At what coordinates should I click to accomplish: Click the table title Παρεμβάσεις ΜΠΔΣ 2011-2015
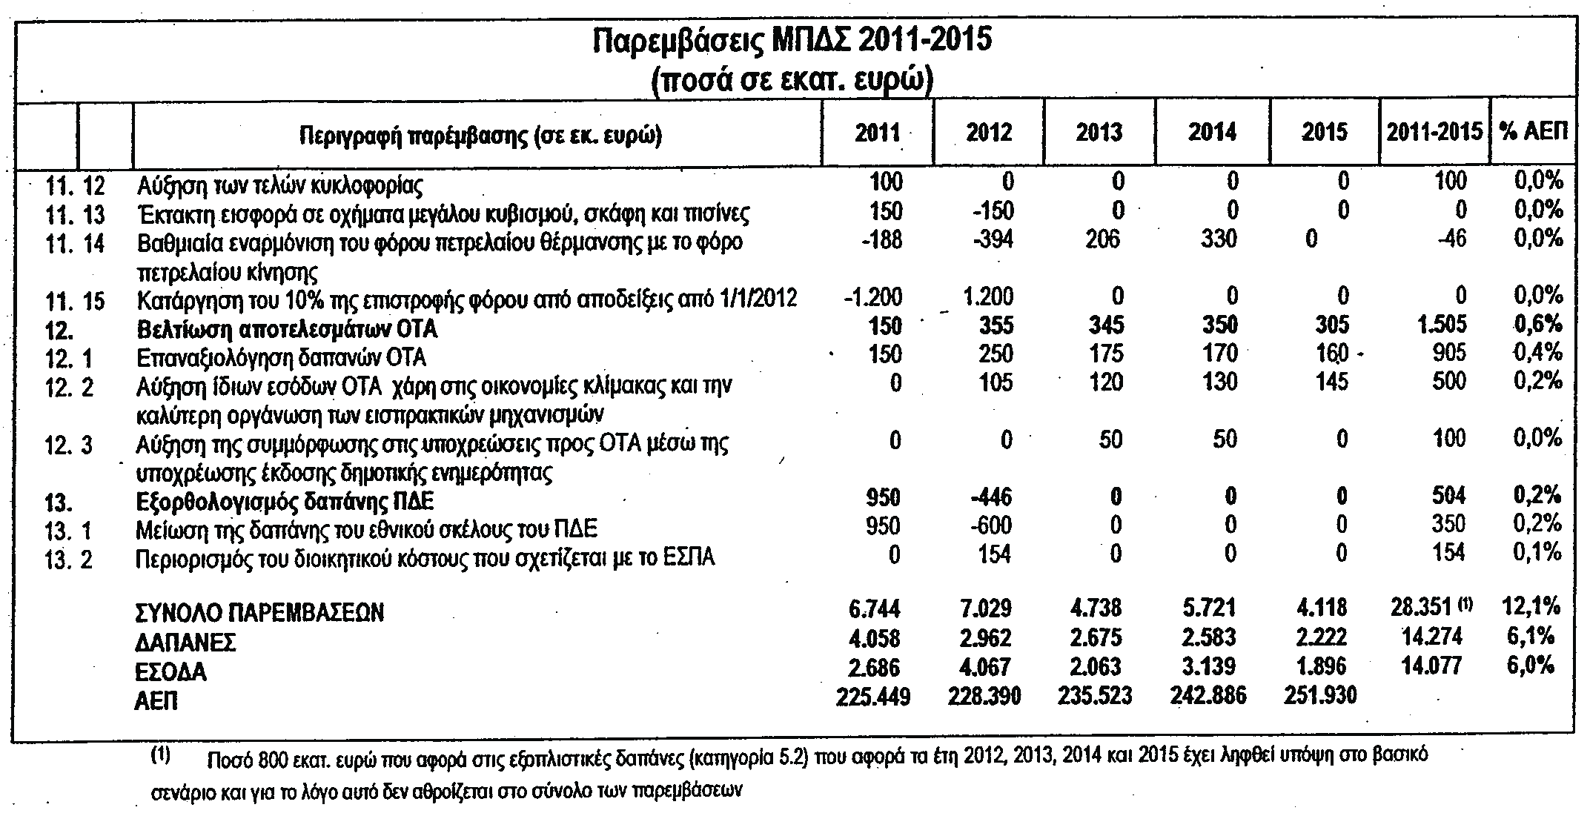point(792,40)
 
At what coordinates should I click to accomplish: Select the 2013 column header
point(1100,133)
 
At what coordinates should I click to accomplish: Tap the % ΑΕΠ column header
point(1534,133)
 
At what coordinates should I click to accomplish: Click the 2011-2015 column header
point(1434,133)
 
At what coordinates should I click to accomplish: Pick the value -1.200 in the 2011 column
point(874,297)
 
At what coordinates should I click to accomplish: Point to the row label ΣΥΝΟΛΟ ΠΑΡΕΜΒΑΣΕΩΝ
point(260,612)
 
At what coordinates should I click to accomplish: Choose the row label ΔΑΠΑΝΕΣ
point(185,642)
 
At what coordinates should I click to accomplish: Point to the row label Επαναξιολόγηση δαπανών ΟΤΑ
point(282,358)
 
